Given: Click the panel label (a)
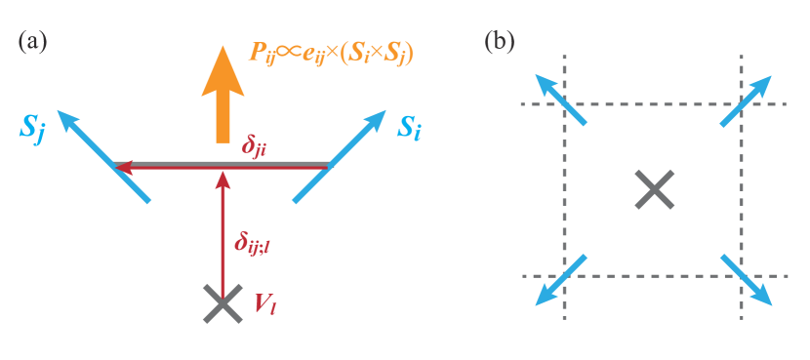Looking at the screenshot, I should pos(32,42).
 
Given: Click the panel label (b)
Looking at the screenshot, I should pos(500,42).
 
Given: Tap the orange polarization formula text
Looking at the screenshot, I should pos(331,53).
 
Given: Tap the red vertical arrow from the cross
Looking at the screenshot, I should pos(223,234).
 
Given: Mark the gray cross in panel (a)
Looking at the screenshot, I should pos(223,303).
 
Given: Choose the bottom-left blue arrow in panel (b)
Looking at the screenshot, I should pos(560,280).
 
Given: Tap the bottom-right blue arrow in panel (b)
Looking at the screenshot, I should pos(747,280).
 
